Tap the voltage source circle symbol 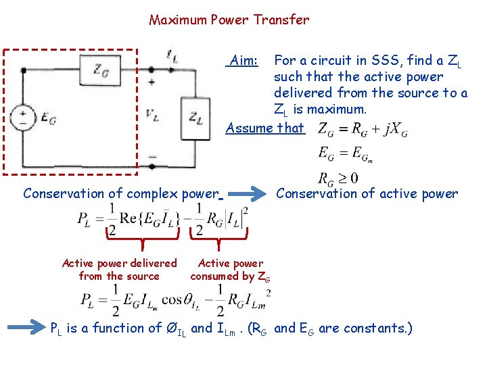[x=24, y=118]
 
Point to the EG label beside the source [x=49, y=119]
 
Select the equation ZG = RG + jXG [x=363, y=128]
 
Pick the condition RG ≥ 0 [x=338, y=178]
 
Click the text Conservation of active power [x=367, y=194]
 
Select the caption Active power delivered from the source [x=119, y=269]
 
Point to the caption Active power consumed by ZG [x=231, y=269]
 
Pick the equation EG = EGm [x=346, y=154]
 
